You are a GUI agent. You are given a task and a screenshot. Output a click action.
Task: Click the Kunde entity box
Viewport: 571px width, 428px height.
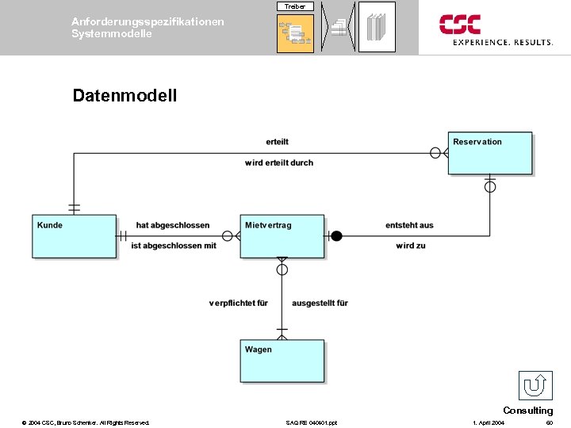point(74,236)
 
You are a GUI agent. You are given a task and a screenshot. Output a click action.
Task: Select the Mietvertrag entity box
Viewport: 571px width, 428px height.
point(282,236)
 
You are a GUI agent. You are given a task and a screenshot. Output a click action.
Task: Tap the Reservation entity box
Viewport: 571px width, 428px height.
point(490,153)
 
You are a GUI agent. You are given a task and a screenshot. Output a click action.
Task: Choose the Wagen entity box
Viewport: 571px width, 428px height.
point(282,361)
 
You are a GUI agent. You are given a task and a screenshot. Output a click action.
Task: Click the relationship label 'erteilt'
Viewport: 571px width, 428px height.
point(278,142)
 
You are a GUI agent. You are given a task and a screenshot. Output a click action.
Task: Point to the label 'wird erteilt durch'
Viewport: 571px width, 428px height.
point(279,162)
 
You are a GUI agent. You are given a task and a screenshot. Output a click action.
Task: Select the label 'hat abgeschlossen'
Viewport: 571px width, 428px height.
point(173,225)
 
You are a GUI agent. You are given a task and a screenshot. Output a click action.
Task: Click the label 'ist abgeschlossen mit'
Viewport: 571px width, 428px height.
point(174,246)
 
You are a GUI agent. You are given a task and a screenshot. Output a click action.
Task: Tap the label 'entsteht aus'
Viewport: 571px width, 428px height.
point(409,225)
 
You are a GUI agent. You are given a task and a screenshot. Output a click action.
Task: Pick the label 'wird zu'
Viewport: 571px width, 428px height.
point(411,246)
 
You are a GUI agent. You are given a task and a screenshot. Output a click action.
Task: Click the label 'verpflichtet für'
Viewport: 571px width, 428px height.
point(239,303)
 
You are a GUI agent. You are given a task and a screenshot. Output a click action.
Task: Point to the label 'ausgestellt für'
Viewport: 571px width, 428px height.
point(320,303)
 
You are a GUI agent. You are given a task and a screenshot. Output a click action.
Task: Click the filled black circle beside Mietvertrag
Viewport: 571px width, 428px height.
point(336,235)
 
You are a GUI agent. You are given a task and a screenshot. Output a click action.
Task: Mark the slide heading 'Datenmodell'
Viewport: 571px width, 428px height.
point(125,96)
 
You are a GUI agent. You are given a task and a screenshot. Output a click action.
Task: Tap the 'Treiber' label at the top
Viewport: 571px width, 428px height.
point(295,6)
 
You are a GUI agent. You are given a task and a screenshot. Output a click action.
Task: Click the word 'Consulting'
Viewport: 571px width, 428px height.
point(527,411)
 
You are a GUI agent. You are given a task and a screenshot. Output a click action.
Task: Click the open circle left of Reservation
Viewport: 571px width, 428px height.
point(435,152)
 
